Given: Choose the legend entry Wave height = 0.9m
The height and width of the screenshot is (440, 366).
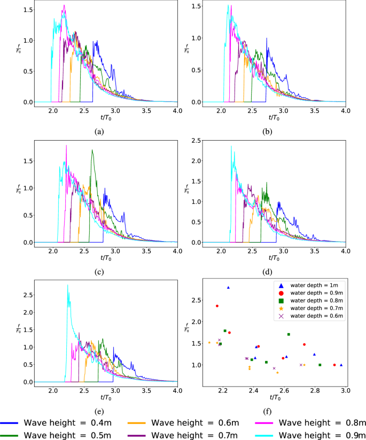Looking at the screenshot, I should tap(322, 434).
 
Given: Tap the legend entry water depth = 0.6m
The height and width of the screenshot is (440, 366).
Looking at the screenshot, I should tap(309, 316).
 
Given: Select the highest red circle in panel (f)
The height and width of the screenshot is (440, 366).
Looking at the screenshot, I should tap(217, 306).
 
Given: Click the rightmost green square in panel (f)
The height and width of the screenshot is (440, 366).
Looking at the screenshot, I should tap(320, 365).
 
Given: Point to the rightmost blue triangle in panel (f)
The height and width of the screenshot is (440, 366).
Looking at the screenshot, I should tap(341, 365).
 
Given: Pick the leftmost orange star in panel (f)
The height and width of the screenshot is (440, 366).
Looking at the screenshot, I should tap(209, 343).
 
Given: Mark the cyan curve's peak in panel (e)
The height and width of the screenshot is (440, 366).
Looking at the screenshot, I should tap(67, 285).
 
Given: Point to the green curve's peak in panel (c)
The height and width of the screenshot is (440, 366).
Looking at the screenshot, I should tap(92, 150).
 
